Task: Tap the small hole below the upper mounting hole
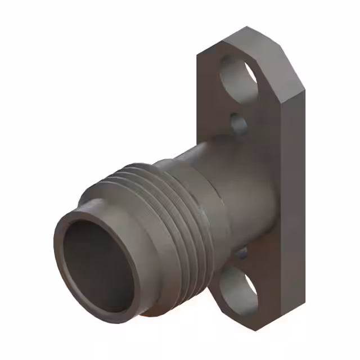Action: tap(238, 123)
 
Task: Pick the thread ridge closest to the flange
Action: tap(197, 214)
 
